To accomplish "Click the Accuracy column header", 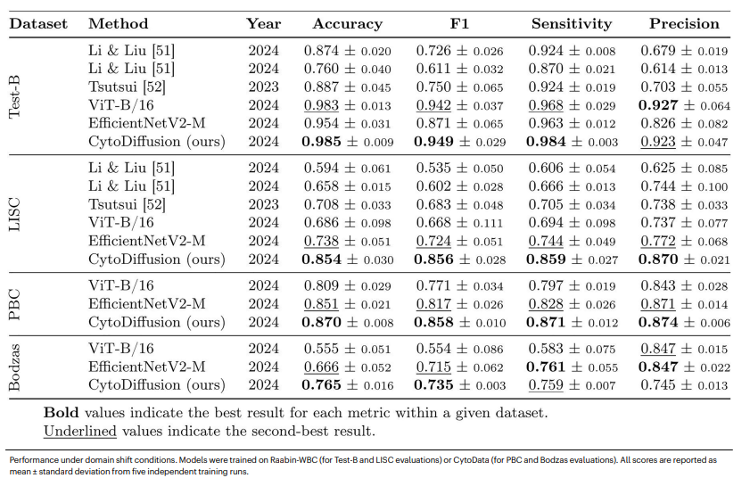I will [x=347, y=24].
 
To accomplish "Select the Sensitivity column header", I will [x=571, y=24].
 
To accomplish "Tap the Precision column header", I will [x=685, y=24].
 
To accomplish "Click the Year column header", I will [x=263, y=24].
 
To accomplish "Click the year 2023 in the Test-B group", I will [x=263, y=87].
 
